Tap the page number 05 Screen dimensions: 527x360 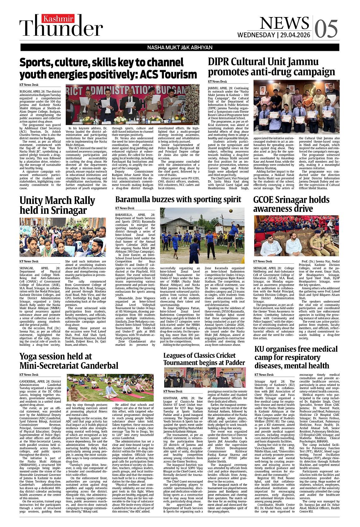click(x=326, y=29)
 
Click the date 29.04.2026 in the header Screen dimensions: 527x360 click(x=295, y=35)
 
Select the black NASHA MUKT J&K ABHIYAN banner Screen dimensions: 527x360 click(x=180, y=47)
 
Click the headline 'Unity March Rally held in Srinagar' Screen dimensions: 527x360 click(x=57, y=205)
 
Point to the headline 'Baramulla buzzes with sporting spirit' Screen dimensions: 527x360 click(x=178, y=200)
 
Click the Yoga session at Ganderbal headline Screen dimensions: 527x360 click(x=69, y=361)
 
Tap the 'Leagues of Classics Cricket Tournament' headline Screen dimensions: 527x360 click(x=204, y=359)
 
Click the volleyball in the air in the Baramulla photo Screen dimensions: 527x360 click(x=231, y=211)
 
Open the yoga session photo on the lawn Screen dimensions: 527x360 click(x=110, y=387)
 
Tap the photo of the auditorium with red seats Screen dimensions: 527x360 click(x=296, y=236)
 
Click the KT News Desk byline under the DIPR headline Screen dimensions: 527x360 click(x=217, y=82)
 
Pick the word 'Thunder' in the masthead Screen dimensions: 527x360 click(x=61, y=28)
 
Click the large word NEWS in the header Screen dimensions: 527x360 click(x=284, y=23)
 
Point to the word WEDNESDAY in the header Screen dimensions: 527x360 click(x=256, y=35)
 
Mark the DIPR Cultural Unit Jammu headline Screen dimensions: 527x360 click(x=271, y=67)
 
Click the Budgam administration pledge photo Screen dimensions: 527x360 click(x=132, y=105)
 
